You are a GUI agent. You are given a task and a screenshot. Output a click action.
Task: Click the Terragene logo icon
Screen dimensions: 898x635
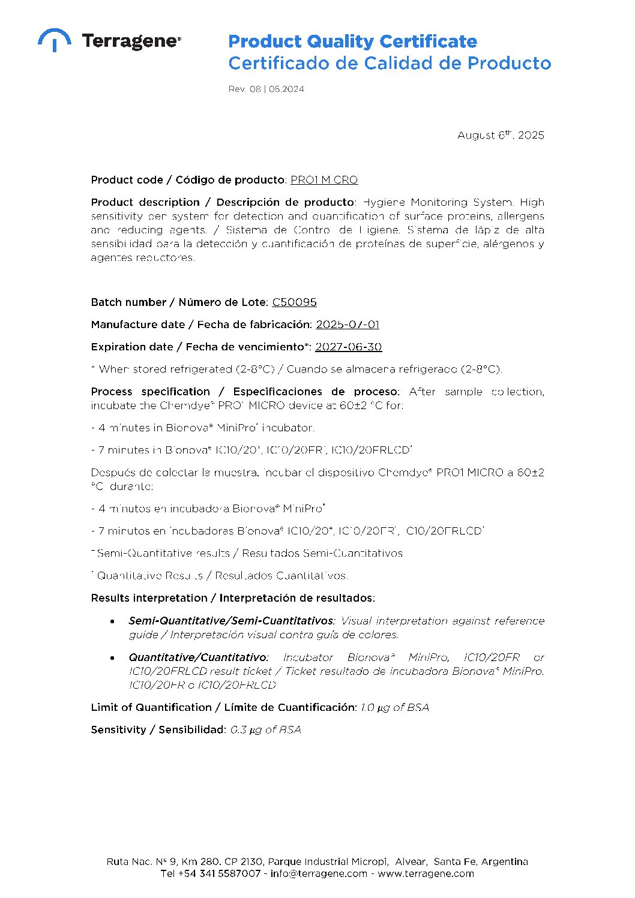[x=55, y=40]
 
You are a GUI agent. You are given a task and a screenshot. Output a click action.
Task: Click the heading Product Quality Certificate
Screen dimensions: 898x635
[x=352, y=41]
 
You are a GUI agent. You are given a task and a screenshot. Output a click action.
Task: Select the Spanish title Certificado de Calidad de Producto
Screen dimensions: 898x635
[x=389, y=63]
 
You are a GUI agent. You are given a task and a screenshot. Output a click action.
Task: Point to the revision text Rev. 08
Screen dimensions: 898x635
[x=244, y=89]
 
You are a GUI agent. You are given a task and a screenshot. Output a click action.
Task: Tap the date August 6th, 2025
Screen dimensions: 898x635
[x=501, y=136]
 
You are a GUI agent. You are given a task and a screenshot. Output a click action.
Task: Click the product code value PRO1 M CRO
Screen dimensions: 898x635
[x=324, y=180]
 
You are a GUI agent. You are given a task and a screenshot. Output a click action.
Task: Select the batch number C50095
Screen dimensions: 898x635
[x=294, y=302]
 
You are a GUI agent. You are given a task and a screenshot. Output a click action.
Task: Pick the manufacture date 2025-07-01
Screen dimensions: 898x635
[x=348, y=325]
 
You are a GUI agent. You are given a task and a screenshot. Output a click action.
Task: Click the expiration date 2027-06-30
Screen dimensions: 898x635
[x=348, y=347]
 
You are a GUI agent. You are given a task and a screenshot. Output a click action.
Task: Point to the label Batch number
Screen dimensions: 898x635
[x=128, y=302]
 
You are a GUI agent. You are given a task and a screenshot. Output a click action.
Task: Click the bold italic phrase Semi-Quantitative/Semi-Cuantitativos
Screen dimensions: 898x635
[x=231, y=621]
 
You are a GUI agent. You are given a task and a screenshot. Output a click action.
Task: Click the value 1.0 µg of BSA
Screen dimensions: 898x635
[x=394, y=708]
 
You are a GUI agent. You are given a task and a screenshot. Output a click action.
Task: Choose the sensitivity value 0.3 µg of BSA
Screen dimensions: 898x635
[x=265, y=730]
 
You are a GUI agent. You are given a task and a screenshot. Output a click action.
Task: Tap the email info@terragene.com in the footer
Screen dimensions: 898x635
[x=319, y=873]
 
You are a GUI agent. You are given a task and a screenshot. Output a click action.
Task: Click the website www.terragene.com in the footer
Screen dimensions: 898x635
[x=426, y=873]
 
